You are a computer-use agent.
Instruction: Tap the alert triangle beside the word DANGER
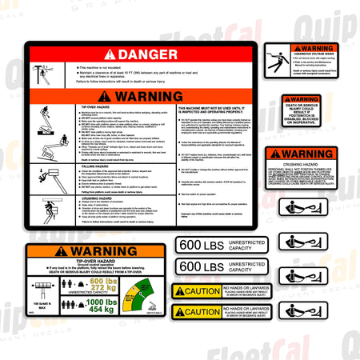[109, 54]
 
